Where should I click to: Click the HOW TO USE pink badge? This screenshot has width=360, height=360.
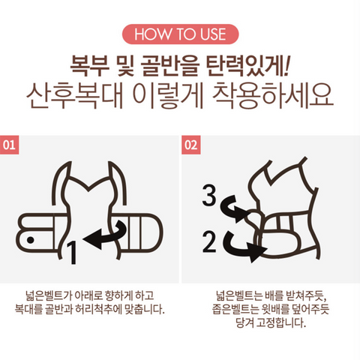pos(180,34)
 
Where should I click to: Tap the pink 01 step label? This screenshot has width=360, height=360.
pos(9,145)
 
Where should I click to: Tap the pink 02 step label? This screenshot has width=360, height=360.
pos(191,145)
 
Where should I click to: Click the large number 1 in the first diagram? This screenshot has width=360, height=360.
pos(72,253)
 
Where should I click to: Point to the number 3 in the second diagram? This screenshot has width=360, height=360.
pos(209,195)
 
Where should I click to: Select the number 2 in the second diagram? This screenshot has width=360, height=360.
pos(209,241)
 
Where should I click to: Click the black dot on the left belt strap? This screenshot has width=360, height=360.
pos(31,240)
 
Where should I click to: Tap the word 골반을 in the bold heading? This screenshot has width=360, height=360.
pos(170,66)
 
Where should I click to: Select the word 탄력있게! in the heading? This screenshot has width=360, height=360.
pos(247,66)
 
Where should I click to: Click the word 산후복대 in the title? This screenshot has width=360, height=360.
pos(74,96)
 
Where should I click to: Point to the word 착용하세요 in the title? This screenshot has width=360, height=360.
pos(273,96)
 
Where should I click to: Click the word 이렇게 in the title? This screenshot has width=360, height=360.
pos(167,96)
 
